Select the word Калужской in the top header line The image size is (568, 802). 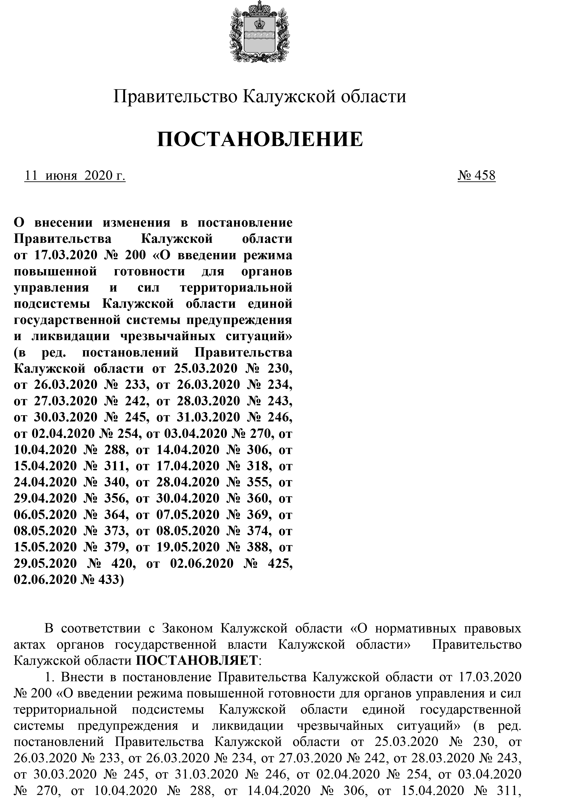tap(288, 96)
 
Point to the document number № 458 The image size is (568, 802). tap(476, 175)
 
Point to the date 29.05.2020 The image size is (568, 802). tap(45, 563)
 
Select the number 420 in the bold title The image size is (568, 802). tap(117, 563)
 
